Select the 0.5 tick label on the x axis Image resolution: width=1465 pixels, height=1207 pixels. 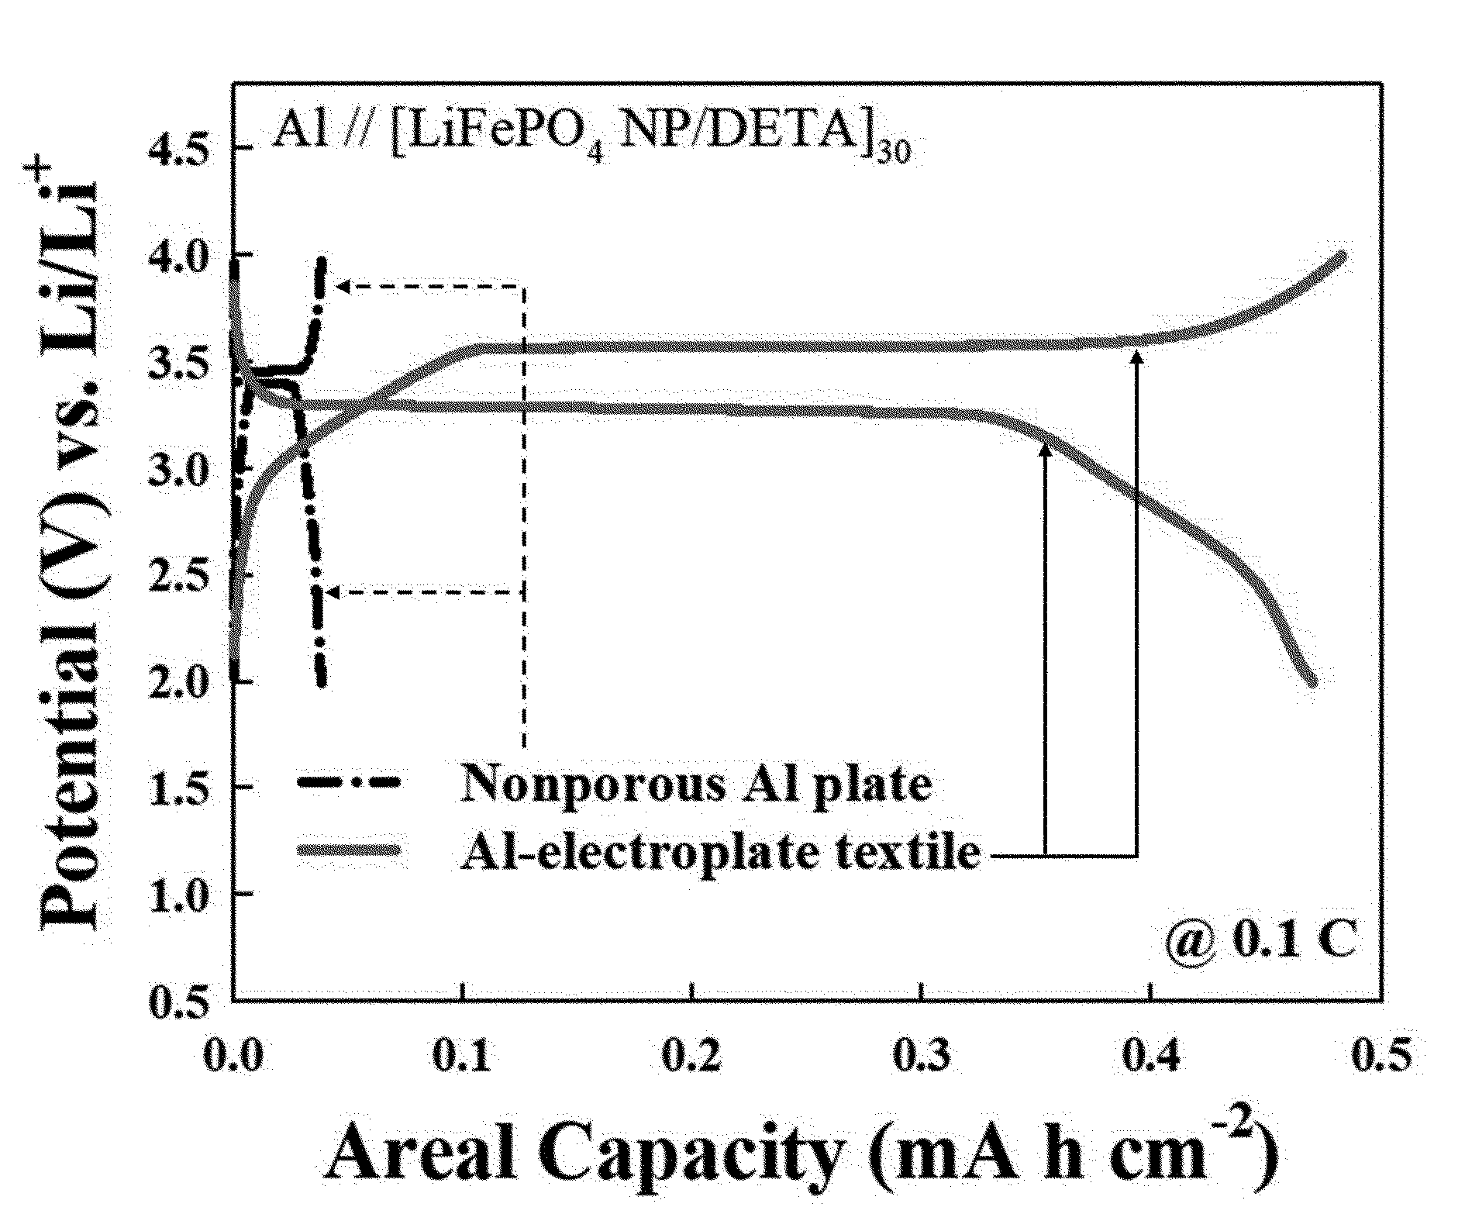[1381, 1056]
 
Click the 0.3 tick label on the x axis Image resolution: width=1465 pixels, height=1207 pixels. [922, 1056]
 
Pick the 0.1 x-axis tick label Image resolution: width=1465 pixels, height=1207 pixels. [464, 1056]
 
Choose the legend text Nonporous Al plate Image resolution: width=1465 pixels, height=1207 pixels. [695, 785]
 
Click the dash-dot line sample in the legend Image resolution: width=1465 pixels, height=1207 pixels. [348, 783]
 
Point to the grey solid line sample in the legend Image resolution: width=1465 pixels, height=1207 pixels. [348, 850]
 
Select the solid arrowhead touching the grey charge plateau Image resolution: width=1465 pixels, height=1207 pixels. [1137, 359]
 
